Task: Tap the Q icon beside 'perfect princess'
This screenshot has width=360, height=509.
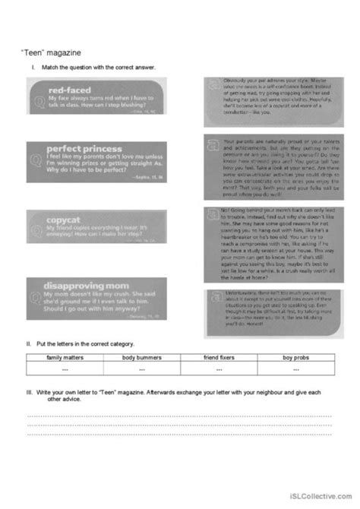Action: [34, 158]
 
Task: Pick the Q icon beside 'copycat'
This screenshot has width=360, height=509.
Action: [34, 223]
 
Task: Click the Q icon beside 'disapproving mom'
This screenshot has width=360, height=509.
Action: [34, 288]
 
